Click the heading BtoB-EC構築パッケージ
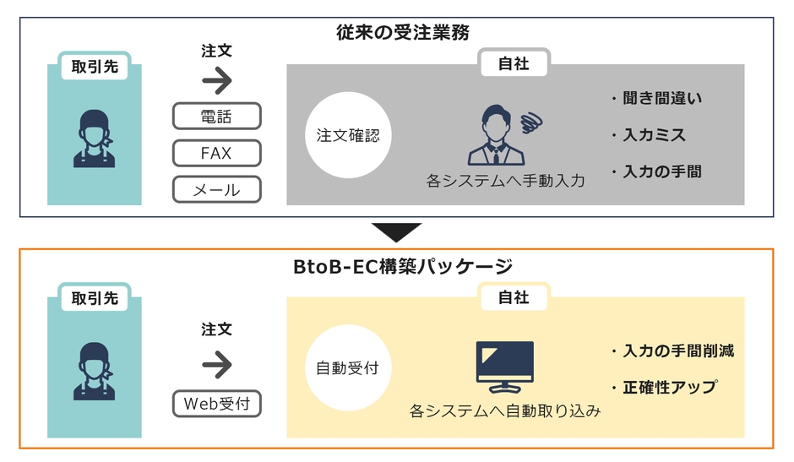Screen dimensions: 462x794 (x=397, y=267)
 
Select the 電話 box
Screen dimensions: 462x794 (x=216, y=116)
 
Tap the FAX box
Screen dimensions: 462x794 (x=216, y=153)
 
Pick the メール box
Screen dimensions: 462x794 (x=216, y=190)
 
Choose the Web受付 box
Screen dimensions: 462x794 (x=216, y=404)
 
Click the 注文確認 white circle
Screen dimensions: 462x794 (x=348, y=135)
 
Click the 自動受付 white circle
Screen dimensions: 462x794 (x=347, y=368)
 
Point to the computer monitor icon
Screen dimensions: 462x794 (x=504, y=365)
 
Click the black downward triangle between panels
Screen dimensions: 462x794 (x=396, y=231)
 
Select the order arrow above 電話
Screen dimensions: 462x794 (x=217, y=81)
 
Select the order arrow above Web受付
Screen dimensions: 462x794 (x=217, y=364)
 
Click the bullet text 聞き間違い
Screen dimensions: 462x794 (x=656, y=99)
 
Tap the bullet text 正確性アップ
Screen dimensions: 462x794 (x=663, y=388)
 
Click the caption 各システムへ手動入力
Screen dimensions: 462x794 (x=505, y=180)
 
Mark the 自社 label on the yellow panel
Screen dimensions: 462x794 (x=514, y=297)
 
